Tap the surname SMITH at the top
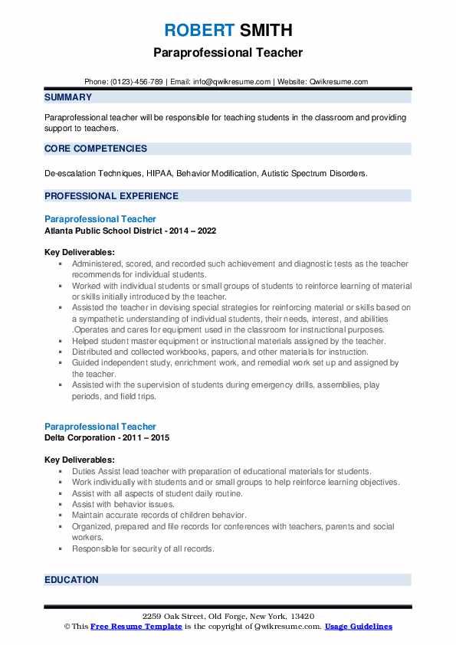[265, 31]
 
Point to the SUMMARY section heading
[68, 97]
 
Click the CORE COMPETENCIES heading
[95, 149]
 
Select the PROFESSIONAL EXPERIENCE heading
[110, 196]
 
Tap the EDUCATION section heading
[71, 580]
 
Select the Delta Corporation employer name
[80, 437]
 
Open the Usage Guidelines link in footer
[358, 627]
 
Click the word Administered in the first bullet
[96, 264]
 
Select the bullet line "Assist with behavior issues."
[123, 504]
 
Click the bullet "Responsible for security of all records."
[143, 548]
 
